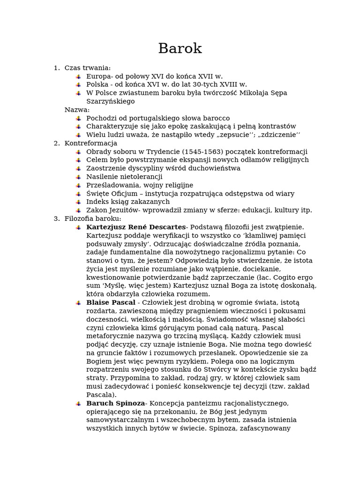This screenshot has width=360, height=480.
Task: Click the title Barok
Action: point(180,48)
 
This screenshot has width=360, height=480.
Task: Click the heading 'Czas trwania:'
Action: point(87,68)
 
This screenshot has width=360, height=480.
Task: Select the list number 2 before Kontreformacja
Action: point(56,143)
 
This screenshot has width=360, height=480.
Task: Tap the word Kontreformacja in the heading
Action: point(90,143)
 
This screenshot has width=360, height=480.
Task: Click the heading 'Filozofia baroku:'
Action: point(92,219)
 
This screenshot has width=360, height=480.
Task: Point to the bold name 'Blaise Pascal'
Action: point(111,303)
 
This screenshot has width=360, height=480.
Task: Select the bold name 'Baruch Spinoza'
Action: point(115,404)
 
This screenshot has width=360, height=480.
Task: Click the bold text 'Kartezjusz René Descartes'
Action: point(136,227)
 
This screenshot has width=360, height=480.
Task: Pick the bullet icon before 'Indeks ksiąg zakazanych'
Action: point(78,202)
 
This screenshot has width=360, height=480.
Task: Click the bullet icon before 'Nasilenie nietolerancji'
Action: point(78,177)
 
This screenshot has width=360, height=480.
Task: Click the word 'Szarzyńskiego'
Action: point(110,101)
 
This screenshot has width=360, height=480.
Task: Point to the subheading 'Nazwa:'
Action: point(77,110)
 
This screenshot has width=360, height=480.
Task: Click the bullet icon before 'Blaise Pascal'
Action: point(78,303)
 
